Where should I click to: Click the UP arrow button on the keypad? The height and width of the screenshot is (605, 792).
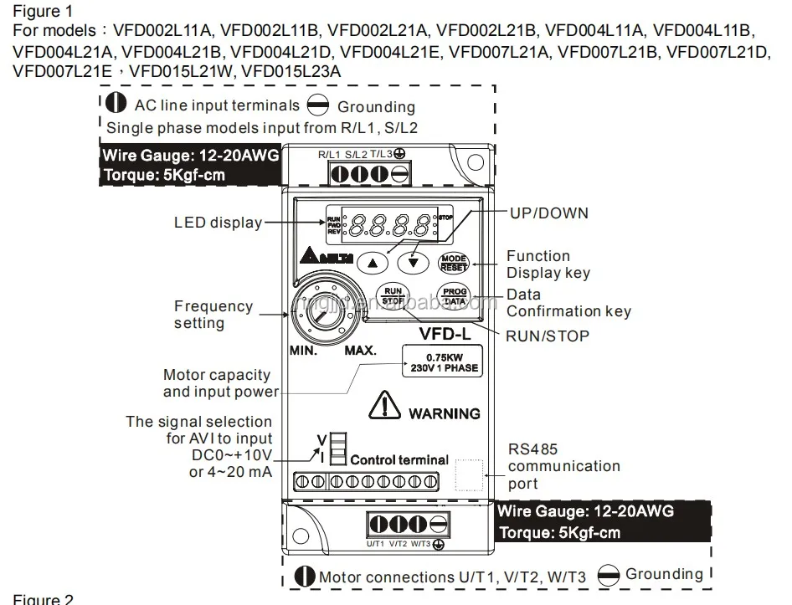click(x=373, y=261)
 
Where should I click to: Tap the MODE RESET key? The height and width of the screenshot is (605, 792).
click(x=454, y=262)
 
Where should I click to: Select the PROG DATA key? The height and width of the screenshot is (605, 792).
click(x=454, y=296)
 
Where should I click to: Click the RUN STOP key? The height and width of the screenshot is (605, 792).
click(x=393, y=296)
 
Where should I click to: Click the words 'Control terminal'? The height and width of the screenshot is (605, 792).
click(x=399, y=459)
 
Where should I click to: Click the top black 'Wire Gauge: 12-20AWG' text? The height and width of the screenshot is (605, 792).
click(x=189, y=156)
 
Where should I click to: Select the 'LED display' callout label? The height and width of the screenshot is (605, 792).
click(x=218, y=223)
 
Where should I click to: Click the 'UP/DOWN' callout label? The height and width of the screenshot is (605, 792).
click(x=549, y=213)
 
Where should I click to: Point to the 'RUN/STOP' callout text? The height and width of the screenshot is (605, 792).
click(x=548, y=336)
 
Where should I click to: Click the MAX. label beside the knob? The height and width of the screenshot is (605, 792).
click(x=360, y=351)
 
